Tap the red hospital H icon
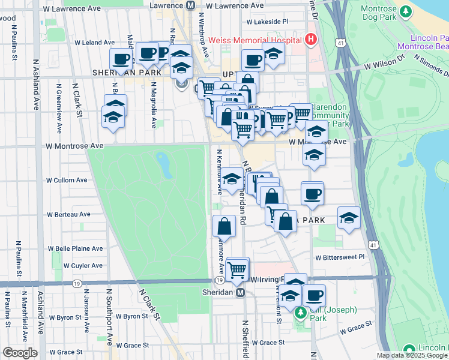click(x=310, y=40)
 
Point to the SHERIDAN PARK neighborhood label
click(x=127, y=73)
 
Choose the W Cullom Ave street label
click(x=67, y=180)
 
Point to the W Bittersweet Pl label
click(x=340, y=257)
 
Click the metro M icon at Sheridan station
click(x=240, y=292)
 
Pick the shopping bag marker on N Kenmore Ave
click(x=224, y=226)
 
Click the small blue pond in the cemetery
click(x=163, y=161)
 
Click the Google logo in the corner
click(x=20, y=353)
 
